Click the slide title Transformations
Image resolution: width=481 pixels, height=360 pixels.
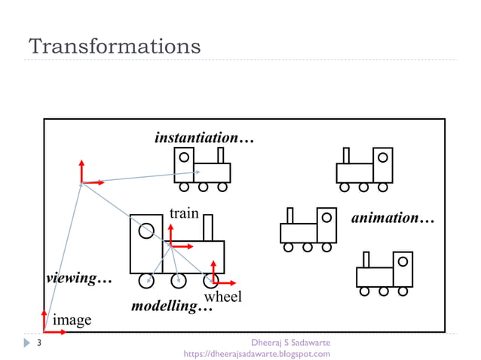[115, 46]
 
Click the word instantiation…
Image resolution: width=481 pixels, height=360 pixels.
[204, 139]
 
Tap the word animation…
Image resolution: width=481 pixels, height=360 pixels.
[394, 218]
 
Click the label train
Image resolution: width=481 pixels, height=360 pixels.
[183, 213]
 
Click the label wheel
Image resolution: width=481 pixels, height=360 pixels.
[223, 297]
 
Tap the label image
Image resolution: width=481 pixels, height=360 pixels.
[72, 320]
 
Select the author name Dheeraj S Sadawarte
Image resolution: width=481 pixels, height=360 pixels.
[290, 343]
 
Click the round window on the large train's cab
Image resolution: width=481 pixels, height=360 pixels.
[146, 231]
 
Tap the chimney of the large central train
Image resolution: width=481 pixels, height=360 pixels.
[208, 228]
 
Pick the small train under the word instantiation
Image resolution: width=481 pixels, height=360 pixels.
[202, 168]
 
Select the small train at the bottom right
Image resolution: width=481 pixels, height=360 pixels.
[384, 273]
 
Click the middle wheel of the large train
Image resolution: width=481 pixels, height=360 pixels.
[178, 281]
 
